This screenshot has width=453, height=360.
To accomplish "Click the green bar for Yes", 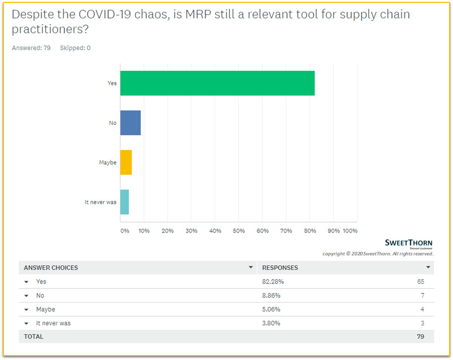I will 217,83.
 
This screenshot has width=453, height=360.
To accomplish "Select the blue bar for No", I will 130,123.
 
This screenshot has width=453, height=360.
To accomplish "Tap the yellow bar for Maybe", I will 126,163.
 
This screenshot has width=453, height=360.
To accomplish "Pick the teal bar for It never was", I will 124,202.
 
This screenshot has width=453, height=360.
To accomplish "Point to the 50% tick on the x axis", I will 239,231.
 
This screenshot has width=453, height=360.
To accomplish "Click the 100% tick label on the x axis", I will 350,231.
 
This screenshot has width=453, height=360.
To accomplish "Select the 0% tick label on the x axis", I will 124,231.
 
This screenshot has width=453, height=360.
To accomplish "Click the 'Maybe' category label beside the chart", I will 108,163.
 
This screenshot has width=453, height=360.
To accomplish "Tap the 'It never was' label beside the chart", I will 101,202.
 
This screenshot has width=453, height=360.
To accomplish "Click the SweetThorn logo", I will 408,243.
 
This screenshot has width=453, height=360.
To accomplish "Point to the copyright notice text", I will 378,254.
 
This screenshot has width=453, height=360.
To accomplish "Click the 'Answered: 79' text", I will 31,48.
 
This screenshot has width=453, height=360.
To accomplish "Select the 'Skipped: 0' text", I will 75,48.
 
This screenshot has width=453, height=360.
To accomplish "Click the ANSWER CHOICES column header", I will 51,268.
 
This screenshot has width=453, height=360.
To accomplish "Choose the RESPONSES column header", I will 280,268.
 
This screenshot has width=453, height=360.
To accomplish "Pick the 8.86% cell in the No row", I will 271,296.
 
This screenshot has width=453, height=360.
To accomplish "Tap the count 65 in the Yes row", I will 420,282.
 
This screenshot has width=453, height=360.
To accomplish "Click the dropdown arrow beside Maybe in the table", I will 27,310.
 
